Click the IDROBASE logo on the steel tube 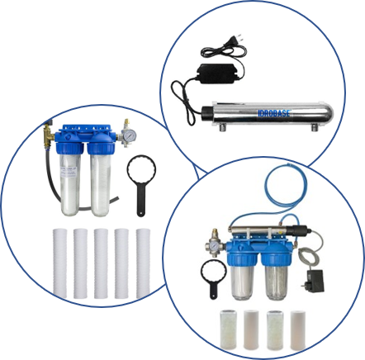(273, 113)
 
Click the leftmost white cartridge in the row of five (59, 263)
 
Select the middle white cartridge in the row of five (101, 263)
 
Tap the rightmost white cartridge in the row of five (143, 263)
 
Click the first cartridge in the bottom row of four (227, 329)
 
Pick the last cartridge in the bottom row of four (298, 329)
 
